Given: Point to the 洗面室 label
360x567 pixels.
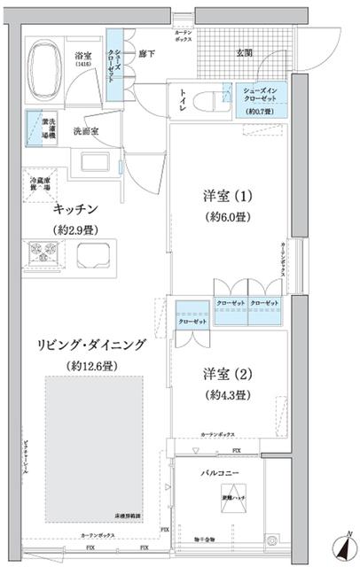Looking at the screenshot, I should tap(86, 129).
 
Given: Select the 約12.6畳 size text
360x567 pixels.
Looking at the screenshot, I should tap(86, 366).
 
